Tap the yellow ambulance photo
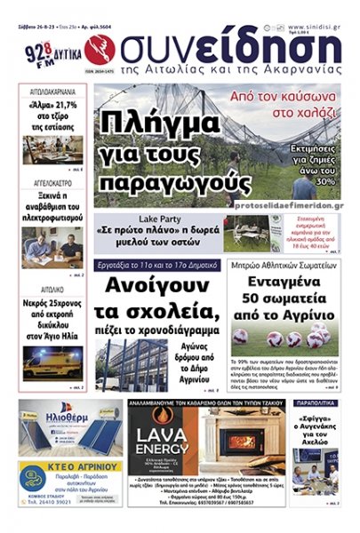[52, 361]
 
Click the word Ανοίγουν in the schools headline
[156, 287]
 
